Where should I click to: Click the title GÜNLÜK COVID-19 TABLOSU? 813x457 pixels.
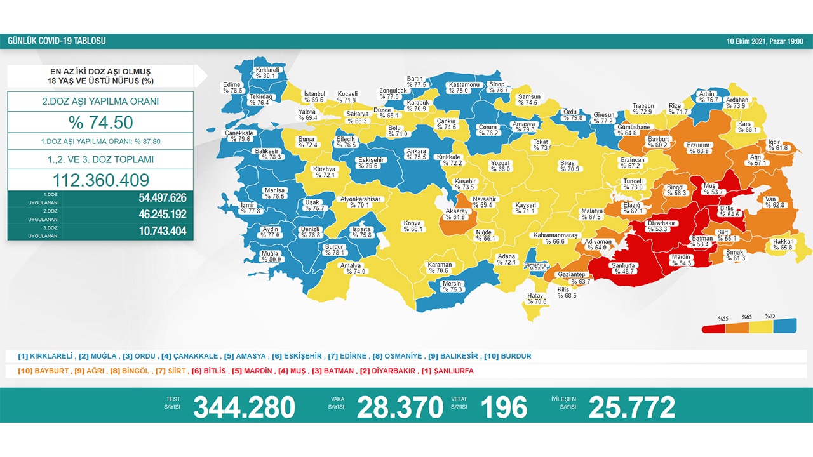point(57,41)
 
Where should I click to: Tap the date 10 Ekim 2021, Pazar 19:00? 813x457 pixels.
point(765,41)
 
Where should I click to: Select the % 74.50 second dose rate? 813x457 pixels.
point(100,123)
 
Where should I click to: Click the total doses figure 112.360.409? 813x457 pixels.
point(100,180)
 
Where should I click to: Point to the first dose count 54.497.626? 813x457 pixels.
point(162,198)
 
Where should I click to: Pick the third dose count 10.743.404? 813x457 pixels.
point(162,231)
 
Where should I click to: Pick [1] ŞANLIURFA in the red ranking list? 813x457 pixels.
point(447,371)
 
